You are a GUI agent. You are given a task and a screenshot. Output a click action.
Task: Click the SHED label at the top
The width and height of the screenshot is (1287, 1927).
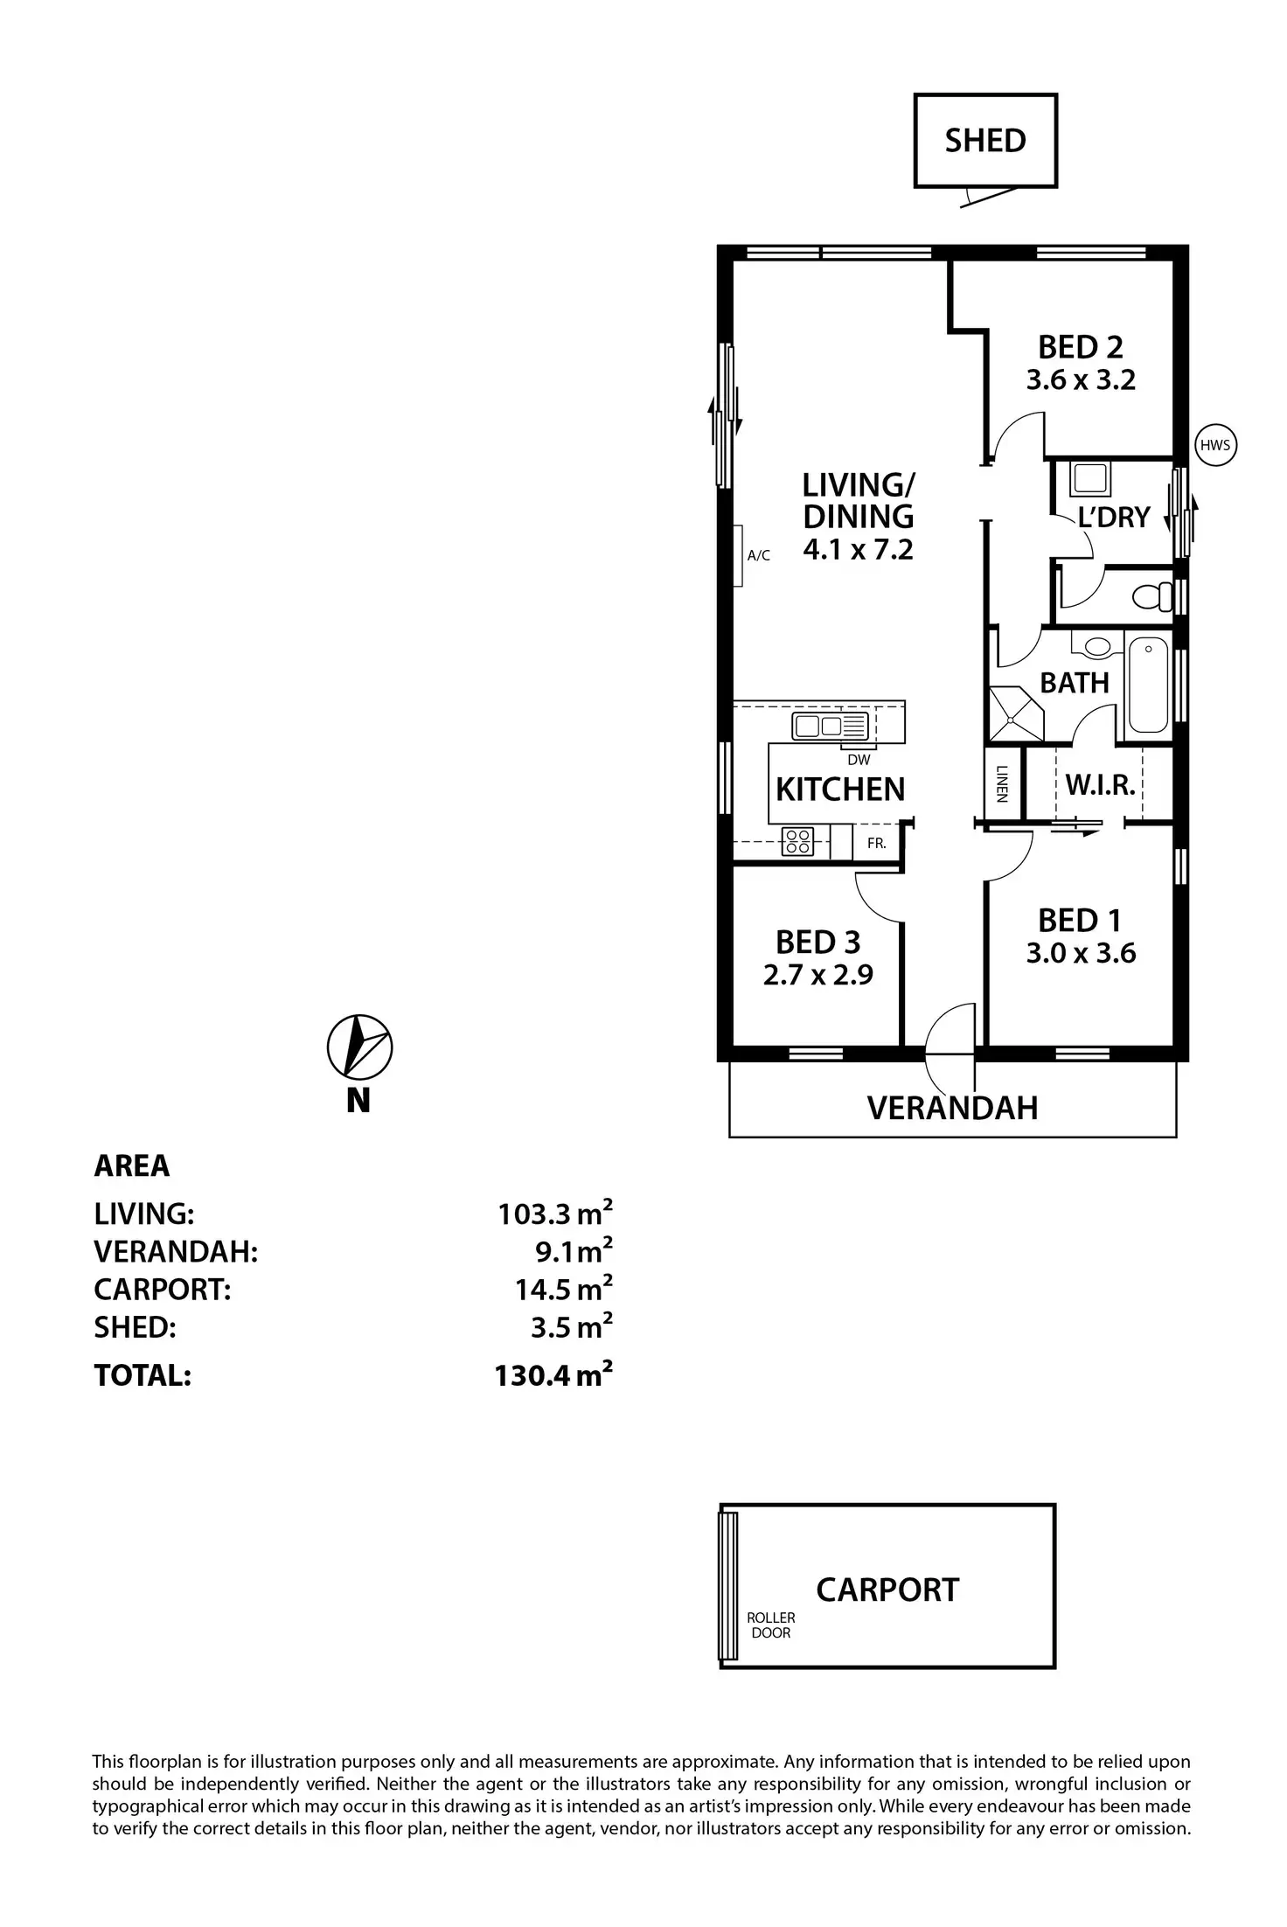click(x=985, y=141)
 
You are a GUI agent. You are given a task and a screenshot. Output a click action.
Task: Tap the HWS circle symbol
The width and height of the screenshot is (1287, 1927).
click(x=1215, y=445)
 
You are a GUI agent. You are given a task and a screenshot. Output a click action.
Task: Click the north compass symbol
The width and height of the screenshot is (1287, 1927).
click(x=359, y=1046)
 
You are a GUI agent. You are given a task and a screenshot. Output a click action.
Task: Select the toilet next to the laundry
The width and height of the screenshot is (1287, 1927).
click(x=1152, y=596)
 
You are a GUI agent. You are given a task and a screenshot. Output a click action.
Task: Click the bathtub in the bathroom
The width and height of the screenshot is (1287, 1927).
click(x=1148, y=685)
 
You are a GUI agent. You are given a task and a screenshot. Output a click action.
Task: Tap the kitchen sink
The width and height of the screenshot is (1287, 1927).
click(x=830, y=726)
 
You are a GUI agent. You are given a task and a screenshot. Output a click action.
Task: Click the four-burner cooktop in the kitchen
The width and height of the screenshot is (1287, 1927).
click(x=797, y=841)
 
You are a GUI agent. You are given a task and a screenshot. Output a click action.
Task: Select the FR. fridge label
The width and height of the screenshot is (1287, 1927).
click(x=876, y=844)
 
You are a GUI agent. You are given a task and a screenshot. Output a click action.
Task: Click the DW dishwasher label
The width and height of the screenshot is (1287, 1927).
click(x=859, y=760)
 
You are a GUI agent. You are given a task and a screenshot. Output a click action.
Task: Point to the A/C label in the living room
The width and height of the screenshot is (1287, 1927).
click(x=759, y=555)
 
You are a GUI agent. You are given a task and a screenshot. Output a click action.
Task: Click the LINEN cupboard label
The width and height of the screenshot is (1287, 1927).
click(x=1002, y=783)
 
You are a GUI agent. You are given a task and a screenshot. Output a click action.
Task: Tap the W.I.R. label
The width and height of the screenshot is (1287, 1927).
click(x=1100, y=785)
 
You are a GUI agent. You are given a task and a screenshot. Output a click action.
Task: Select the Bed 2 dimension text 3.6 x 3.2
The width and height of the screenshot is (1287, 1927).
click(x=1081, y=380)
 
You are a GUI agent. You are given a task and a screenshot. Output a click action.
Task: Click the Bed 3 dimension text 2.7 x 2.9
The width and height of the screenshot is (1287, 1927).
click(x=817, y=975)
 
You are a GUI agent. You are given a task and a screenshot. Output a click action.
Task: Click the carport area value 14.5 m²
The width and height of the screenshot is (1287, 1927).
click(x=563, y=1289)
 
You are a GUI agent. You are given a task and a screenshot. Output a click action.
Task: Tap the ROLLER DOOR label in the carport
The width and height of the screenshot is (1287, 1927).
click(x=771, y=1625)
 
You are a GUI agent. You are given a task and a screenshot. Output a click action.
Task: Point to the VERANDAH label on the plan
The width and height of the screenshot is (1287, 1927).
click(x=952, y=1108)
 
